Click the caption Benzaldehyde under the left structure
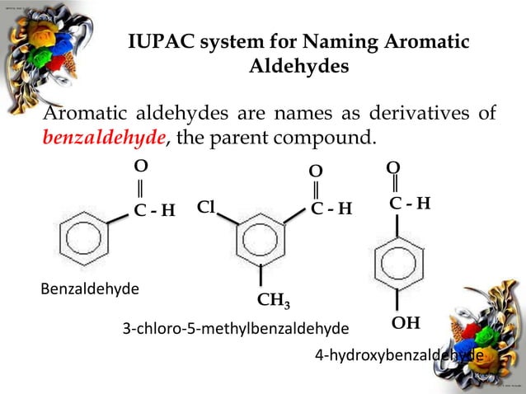click(90, 288)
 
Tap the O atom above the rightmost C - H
click(393, 168)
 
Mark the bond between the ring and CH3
click(261, 276)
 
